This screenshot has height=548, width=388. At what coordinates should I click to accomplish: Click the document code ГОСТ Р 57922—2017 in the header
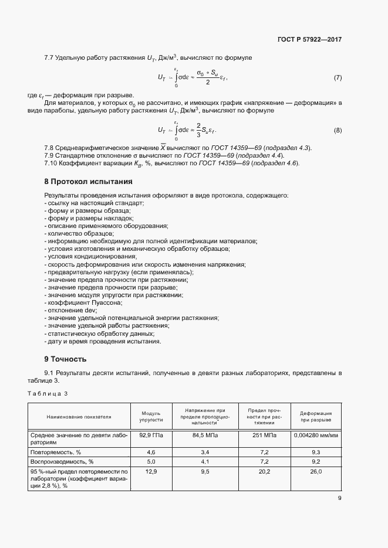pos(309,40)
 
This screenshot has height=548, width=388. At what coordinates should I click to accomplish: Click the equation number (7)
pos(338,78)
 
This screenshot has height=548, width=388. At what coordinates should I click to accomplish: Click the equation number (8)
pos(338,130)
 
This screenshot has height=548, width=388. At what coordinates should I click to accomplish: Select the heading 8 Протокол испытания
pos(88,182)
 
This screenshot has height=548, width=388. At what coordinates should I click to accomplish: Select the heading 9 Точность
pos(65,359)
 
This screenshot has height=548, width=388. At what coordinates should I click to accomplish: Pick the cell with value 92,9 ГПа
pos(147,435)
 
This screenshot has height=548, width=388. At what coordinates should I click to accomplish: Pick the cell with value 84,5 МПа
pos(201,435)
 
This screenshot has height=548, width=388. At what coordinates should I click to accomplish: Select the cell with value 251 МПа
pos(261,435)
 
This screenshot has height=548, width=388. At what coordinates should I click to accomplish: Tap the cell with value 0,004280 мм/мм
pos(316,435)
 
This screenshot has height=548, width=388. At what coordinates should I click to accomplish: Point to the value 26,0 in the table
pos(316,471)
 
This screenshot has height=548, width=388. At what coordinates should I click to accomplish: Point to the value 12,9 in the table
pos(147,471)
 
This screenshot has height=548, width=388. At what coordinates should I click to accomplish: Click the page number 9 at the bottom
pos(339,499)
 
